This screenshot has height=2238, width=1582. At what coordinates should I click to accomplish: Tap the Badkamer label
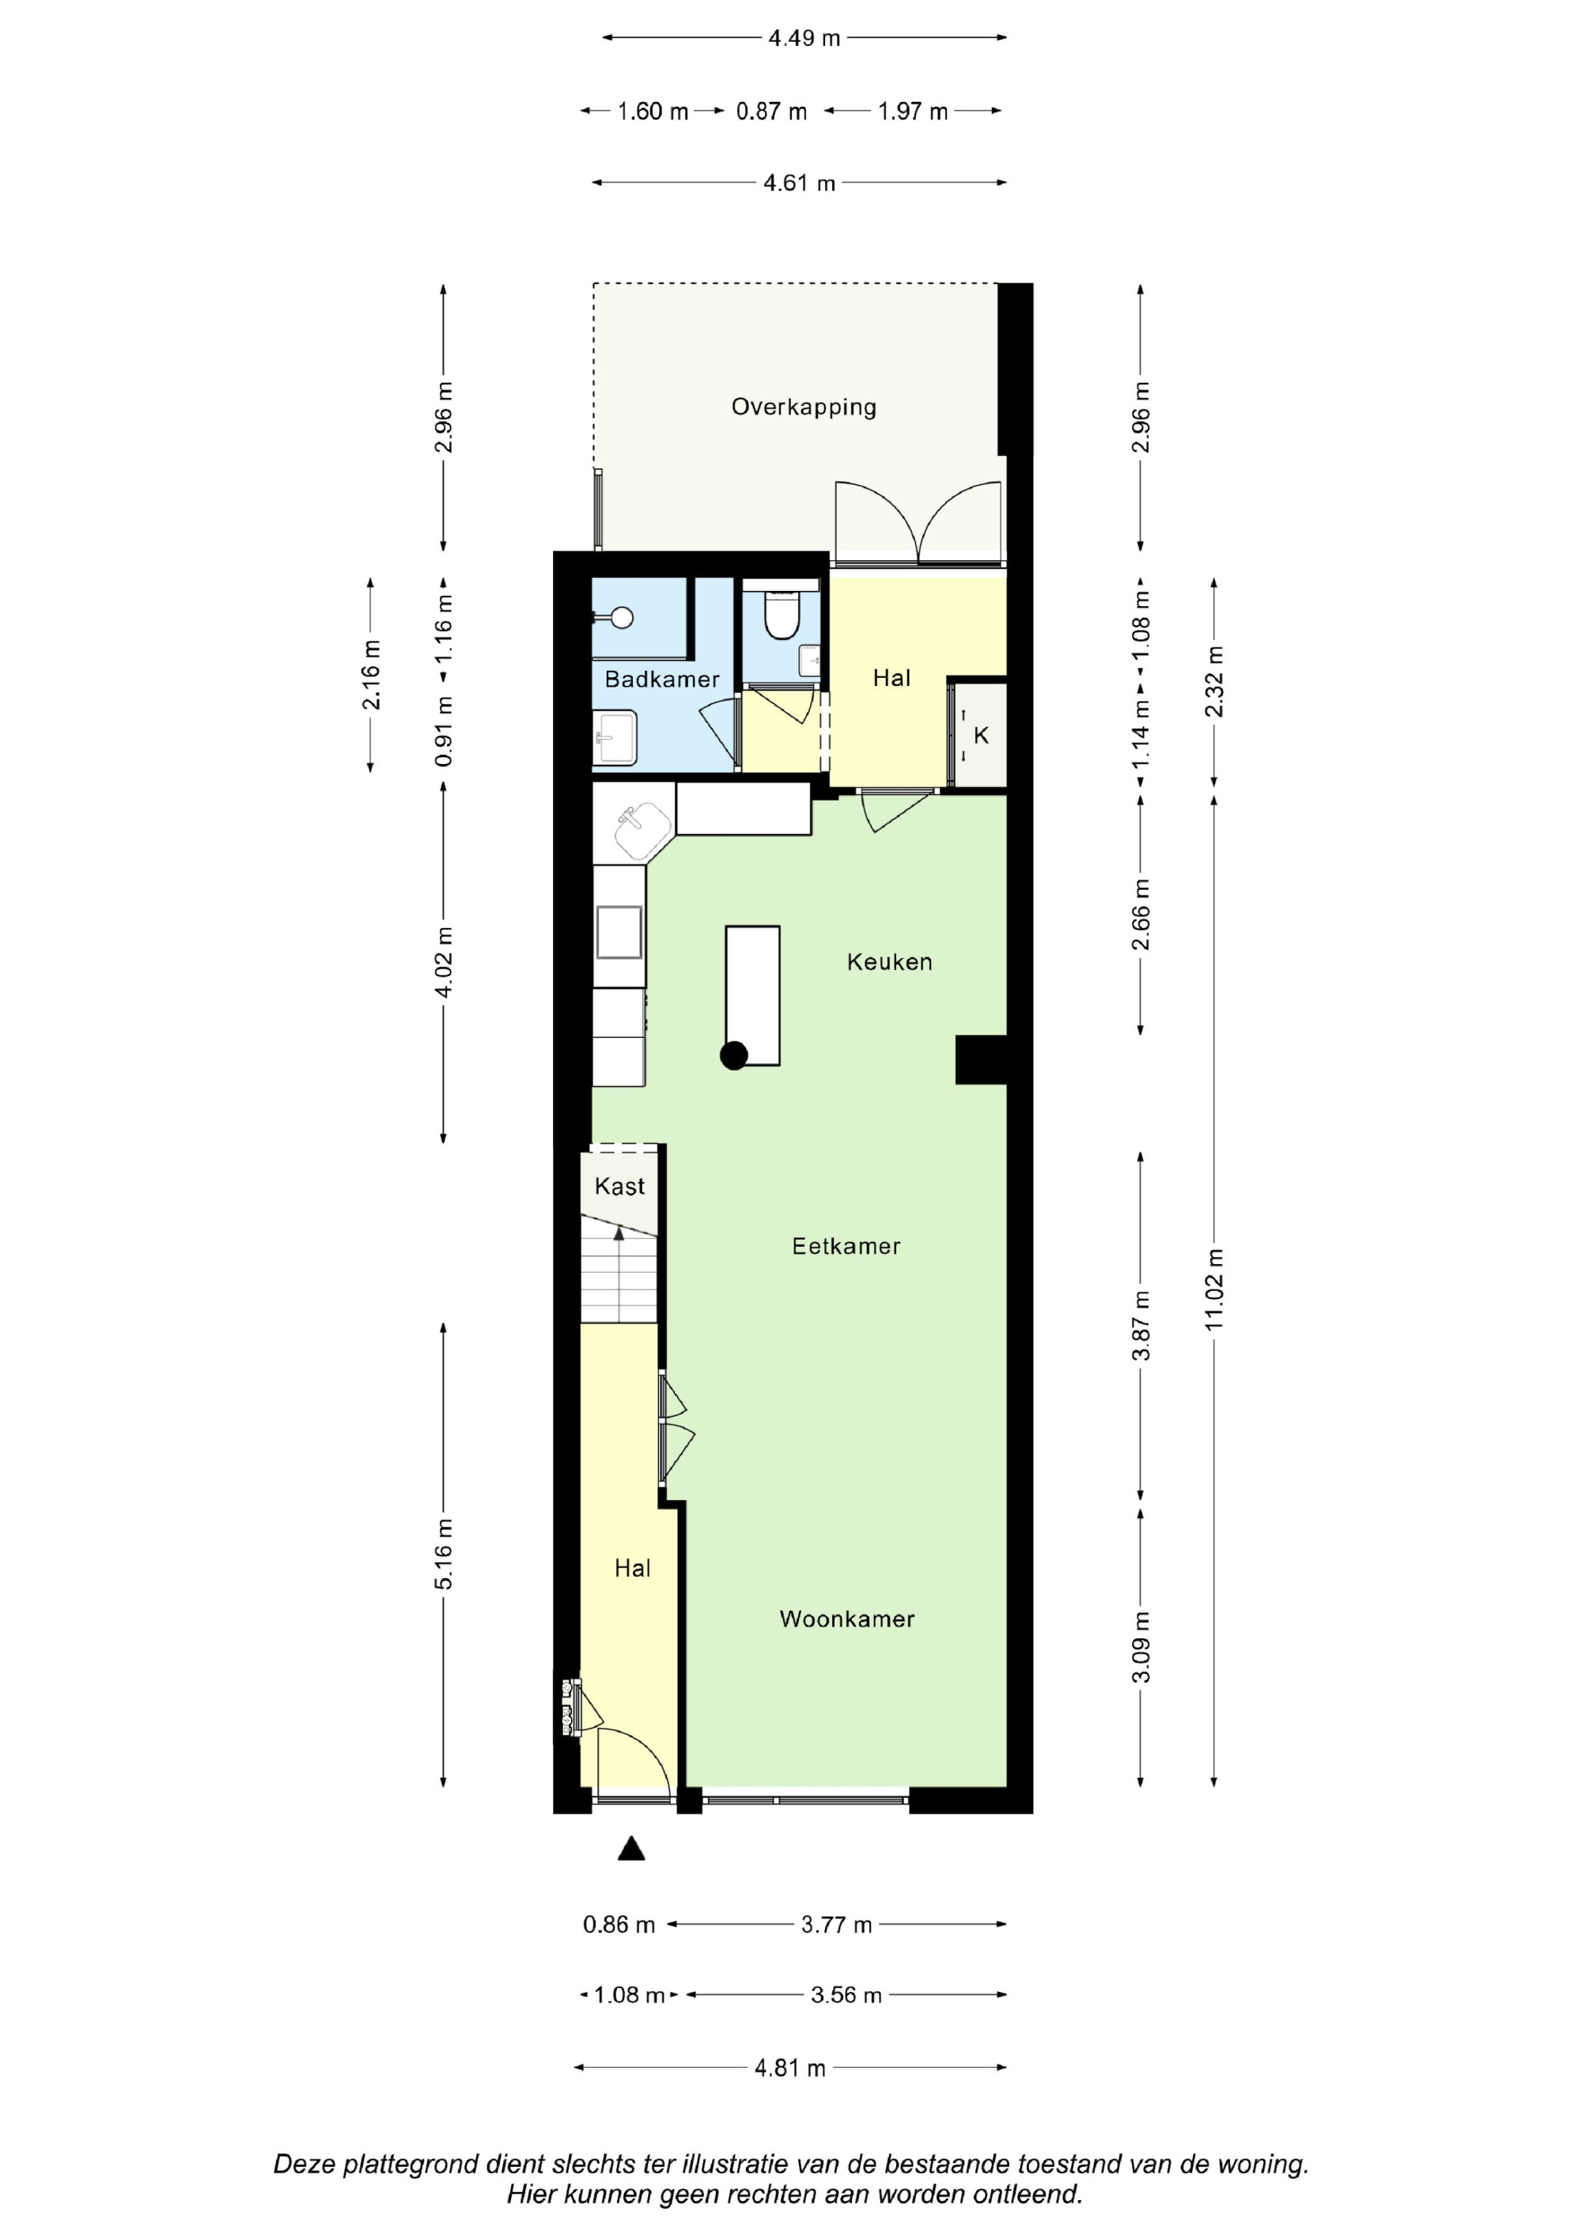pyautogui.click(x=662, y=680)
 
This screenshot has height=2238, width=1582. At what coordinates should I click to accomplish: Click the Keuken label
pyautogui.click(x=889, y=962)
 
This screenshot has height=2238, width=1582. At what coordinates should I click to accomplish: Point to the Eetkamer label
pyautogui.click(x=846, y=1246)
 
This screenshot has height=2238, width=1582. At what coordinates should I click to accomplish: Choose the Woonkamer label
pyautogui.click(x=847, y=1619)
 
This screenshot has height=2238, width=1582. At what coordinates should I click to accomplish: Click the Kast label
pyautogui.click(x=620, y=1187)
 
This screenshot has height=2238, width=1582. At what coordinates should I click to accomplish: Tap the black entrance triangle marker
pyautogui.click(x=632, y=1848)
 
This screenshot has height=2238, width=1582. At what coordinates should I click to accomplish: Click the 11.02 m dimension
pyautogui.click(x=1213, y=1289)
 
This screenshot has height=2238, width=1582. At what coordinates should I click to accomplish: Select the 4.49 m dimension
pyautogui.click(x=804, y=38)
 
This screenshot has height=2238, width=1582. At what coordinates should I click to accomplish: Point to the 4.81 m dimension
pyautogui.click(x=789, y=2067)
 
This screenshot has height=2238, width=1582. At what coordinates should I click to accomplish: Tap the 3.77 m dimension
pyautogui.click(x=836, y=1924)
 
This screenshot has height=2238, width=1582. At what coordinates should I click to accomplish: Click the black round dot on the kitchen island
pyautogui.click(x=734, y=1055)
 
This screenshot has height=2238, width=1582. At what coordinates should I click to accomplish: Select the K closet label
pyautogui.click(x=981, y=735)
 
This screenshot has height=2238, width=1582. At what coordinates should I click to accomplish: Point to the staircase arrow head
pyautogui.click(x=619, y=1233)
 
